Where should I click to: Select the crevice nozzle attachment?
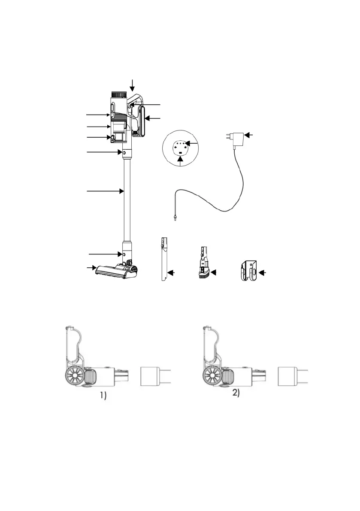tap(164, 259)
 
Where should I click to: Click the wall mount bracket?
tap(249, 270)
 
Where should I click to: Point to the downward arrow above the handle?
tap(132, 85)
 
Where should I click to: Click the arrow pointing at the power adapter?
tap(248, 135)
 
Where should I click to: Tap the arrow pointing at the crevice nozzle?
tap(171, 273)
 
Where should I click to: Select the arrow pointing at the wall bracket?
tap(262, 273)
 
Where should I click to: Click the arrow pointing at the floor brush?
tap(91, 268)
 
